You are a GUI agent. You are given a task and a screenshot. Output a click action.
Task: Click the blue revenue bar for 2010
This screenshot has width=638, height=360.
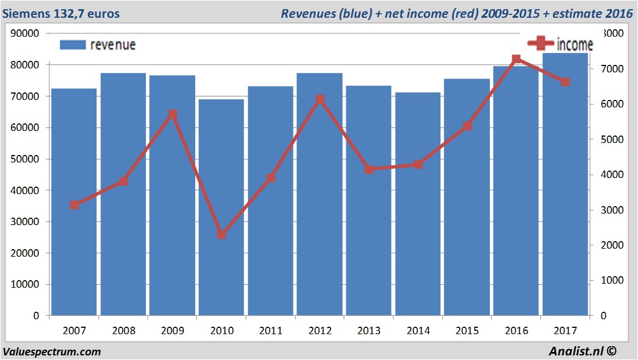pos(222,207)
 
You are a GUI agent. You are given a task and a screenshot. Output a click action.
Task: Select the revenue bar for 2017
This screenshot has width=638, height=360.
pos(565,184)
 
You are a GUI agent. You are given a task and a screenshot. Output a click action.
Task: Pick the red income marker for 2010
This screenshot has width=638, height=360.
pos(222,234)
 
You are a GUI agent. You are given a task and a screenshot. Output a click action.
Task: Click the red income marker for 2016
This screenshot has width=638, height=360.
pos(516,59)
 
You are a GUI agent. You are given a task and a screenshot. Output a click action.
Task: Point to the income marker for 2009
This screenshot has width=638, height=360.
pos(173,114)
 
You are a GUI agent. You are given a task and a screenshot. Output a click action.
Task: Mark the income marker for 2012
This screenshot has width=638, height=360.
pos(320,99)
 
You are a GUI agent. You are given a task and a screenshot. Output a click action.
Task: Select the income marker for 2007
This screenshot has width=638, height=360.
pos(75,205)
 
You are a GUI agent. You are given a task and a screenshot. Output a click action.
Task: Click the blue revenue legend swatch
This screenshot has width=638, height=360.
pos(72,45)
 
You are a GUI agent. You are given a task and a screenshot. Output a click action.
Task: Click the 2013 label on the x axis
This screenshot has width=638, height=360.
pos(369,331)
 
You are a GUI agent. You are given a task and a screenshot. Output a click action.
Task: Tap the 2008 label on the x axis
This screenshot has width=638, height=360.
pos(123,331)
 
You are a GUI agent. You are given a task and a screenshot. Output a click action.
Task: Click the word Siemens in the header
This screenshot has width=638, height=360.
pos(25,13)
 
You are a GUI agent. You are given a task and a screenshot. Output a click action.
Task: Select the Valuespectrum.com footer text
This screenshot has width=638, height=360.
pos(52,352)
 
